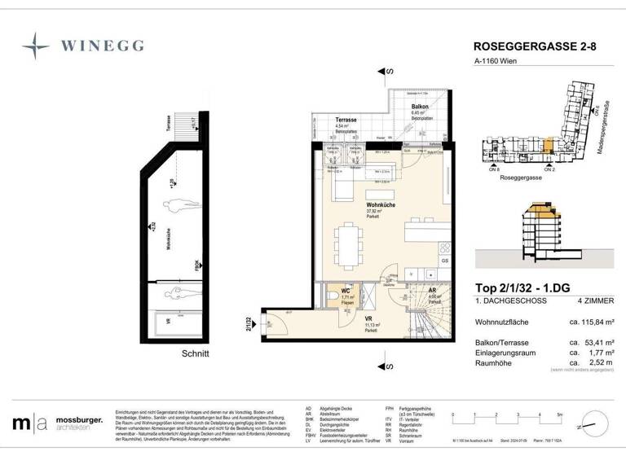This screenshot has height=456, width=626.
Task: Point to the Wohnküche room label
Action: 381,205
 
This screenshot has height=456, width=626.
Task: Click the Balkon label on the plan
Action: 420,107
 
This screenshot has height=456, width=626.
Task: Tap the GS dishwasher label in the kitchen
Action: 444,261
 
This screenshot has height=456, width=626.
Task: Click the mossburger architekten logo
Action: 57,423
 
